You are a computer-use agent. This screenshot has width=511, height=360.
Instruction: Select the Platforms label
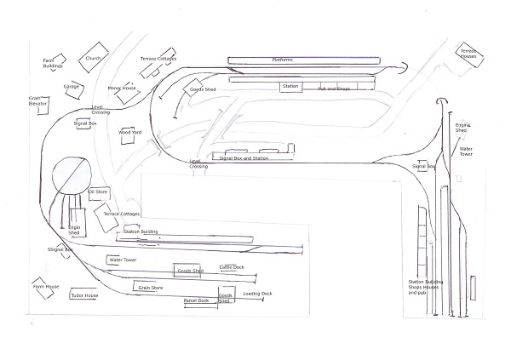coord(282,60)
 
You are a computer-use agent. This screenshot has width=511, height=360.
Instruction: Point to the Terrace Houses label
coord(474,54)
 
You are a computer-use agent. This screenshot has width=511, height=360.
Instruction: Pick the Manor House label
coord(122,88)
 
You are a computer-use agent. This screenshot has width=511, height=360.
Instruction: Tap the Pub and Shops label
coord(334,89)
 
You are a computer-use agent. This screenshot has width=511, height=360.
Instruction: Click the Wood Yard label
coord(129,133)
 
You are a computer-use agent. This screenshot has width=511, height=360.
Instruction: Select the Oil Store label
coord(99,191)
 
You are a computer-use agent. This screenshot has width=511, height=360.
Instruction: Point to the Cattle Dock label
coord(231,267)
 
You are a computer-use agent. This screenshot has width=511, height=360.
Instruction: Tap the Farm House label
coord(46,287)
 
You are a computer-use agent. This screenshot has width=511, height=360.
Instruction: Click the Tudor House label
coord(84,295)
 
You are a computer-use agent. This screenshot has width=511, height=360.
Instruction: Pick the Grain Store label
coord(151,289)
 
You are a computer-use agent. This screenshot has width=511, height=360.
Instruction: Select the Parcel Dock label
coord(197,300)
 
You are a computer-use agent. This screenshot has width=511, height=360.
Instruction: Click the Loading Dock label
coord(256,294)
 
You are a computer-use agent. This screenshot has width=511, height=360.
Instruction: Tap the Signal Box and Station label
coord(244,158)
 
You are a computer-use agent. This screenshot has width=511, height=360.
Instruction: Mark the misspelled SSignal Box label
coord(62,249)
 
